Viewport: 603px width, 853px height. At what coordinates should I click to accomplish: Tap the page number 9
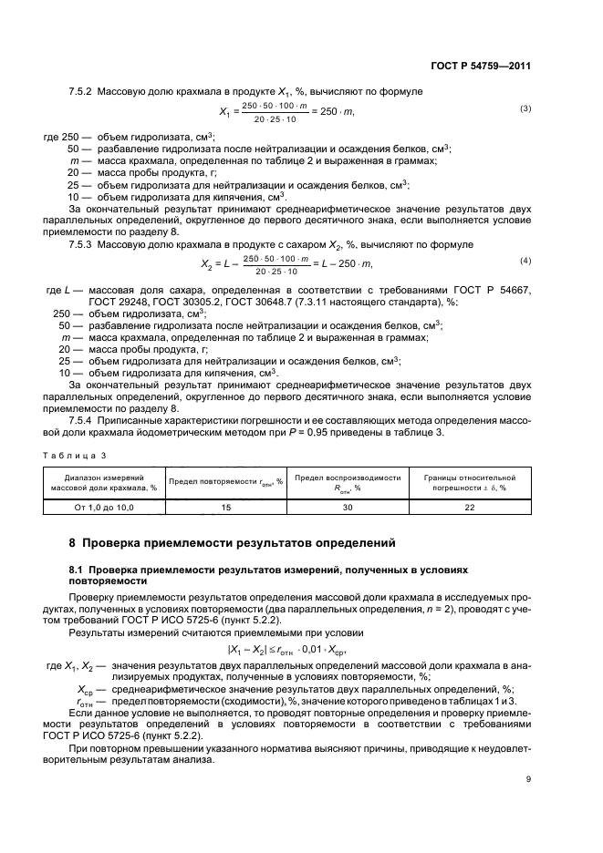(x=528, y=779)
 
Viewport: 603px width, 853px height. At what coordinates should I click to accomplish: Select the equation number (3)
(x=525, y=109)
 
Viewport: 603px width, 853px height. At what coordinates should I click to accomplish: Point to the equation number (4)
(x=525, y=262)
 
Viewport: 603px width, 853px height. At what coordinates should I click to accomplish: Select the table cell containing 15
(x=226, y=506)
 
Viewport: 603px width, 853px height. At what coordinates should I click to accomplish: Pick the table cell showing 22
(x=470, y=506)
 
